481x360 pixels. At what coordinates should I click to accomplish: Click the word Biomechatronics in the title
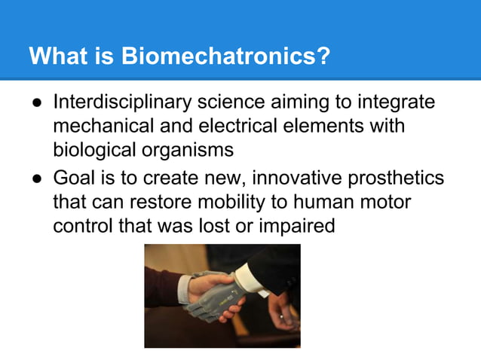click(225, 56)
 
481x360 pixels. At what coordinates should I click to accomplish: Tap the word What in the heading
click(57, 56)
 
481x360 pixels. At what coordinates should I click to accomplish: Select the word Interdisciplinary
click(126, 102)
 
